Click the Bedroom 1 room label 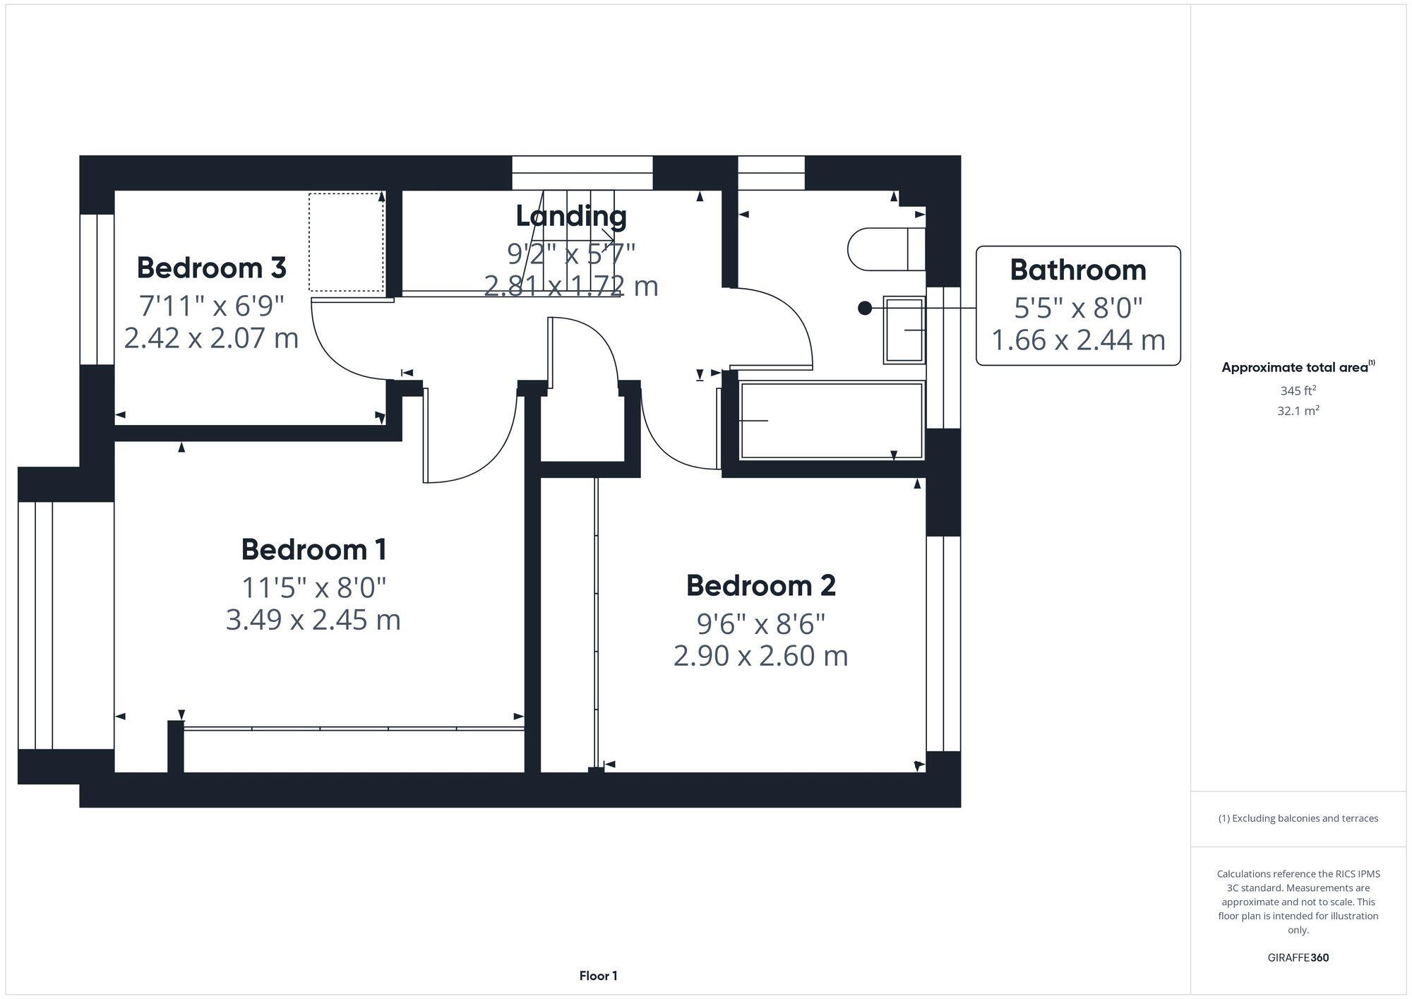click(x=313, y=549)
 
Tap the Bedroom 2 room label click(x=760, y=585)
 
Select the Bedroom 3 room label click(x=211, y=268)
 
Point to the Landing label click(x=570, y=216)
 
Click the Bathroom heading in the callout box click(x=1077, y=270)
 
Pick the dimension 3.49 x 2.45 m click(x=313, y=620)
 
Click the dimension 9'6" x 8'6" click(x=760, y=623)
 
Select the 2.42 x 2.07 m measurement click(x=211, y=337)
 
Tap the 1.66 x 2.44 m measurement click(x=1077, y=340)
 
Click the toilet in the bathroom click(x=885, y=249)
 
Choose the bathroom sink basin click(x=904, y=330)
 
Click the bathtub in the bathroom click(x=831, y=421)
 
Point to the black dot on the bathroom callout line click(x=864, y=308)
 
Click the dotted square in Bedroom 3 click(x=346, y=241)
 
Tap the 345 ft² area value click(x=1298, y=390)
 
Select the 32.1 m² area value click(x=1298, y=410)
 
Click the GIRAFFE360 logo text click(x=1298, y=958)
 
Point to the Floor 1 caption click(x=598, y=976)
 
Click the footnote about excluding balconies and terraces click(x=1298, y=818)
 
